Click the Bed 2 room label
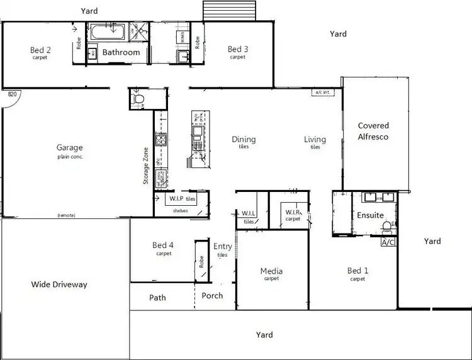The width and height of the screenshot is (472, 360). coord(40,50)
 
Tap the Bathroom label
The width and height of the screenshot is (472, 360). coord(121,52)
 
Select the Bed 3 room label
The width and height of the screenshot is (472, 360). coord(237,50)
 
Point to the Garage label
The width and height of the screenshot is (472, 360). coord(69,149)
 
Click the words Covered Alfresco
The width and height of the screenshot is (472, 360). coord(373,131)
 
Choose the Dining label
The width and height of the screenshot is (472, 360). coord(244,140)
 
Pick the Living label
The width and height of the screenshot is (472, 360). coord(315,140)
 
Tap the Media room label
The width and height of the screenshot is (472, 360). coord(271,271)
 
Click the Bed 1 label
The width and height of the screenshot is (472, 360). coord(357,271)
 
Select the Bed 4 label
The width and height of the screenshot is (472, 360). coord(164,245)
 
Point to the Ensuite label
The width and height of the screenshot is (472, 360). coord(370,215)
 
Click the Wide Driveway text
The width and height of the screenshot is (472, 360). coord(59,284)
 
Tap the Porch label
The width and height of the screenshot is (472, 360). coord(212,296)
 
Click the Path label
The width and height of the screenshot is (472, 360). coord(157,297)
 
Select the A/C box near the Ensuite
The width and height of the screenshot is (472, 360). coord(388,242)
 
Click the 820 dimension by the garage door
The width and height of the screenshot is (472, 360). coord(11,94)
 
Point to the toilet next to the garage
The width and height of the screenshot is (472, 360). coord(140,99)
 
